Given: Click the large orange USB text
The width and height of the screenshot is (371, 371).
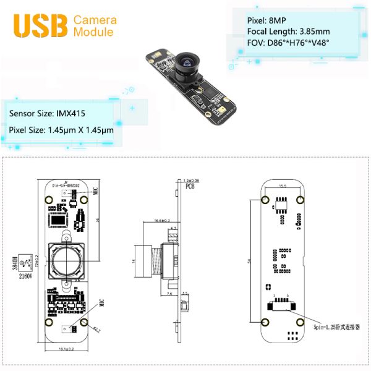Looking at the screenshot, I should pyautogui.click(x=41, y=25).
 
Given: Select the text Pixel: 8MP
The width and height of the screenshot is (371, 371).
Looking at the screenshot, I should pyautogui.click(x=267, y=20).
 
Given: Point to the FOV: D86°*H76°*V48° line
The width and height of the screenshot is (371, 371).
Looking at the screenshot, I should pyautogui.click(x=288, y=43).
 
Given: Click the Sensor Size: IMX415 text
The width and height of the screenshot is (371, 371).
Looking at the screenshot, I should pyautogui.click(x=47, y=114).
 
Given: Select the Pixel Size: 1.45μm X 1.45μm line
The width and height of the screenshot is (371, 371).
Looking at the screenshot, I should pyautogui.click(x=61, y=130).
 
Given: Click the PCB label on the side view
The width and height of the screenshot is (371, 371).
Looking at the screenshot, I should pyautogui.click(x=193, y=185).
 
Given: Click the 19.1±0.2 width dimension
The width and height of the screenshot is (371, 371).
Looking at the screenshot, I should pyautogui.click(x=65, y=349).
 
